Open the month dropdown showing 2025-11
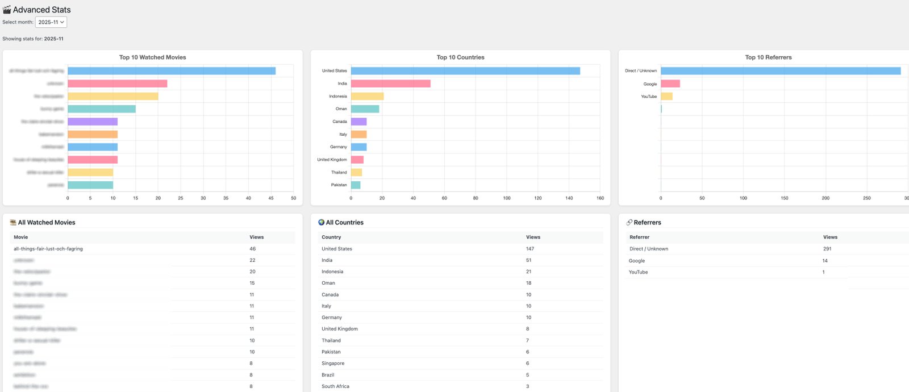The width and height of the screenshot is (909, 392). (x=51, y=22)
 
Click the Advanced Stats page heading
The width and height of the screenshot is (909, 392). (x=41, y=10)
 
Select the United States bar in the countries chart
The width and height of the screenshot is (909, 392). (x=465, y=71)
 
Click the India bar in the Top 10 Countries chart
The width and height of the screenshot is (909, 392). (x=390, y=84)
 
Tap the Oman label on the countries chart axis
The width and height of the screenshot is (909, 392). (x=341, y=109)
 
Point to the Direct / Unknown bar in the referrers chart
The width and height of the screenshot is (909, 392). (x=780, y=71)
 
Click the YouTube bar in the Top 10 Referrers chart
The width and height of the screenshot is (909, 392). (x=666, y=97)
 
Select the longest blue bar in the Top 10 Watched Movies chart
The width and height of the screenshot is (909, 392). (x=171, y=71)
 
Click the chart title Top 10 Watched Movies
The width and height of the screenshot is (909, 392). (x=152, y=57)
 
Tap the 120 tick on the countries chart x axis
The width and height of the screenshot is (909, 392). (x=537, y=198)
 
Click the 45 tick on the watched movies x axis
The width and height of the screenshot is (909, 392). (x=271, y=198)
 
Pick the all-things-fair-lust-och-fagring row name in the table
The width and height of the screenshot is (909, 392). (x=48, y=249)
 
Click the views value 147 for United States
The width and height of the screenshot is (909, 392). (x=529, y=249)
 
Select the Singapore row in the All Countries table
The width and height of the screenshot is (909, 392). (x=333, y=364)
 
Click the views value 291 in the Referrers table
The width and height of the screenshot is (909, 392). (x=827, y=249)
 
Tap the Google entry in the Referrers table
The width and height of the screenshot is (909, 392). (x=636, y=261)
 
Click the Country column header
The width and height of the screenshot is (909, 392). (x=331, y=237)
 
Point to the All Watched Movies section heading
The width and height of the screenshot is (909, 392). (x=47, y=223)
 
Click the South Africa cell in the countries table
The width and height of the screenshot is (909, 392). (x=335, y=386)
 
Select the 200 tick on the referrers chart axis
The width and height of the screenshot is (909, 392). (x=825, y=198)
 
